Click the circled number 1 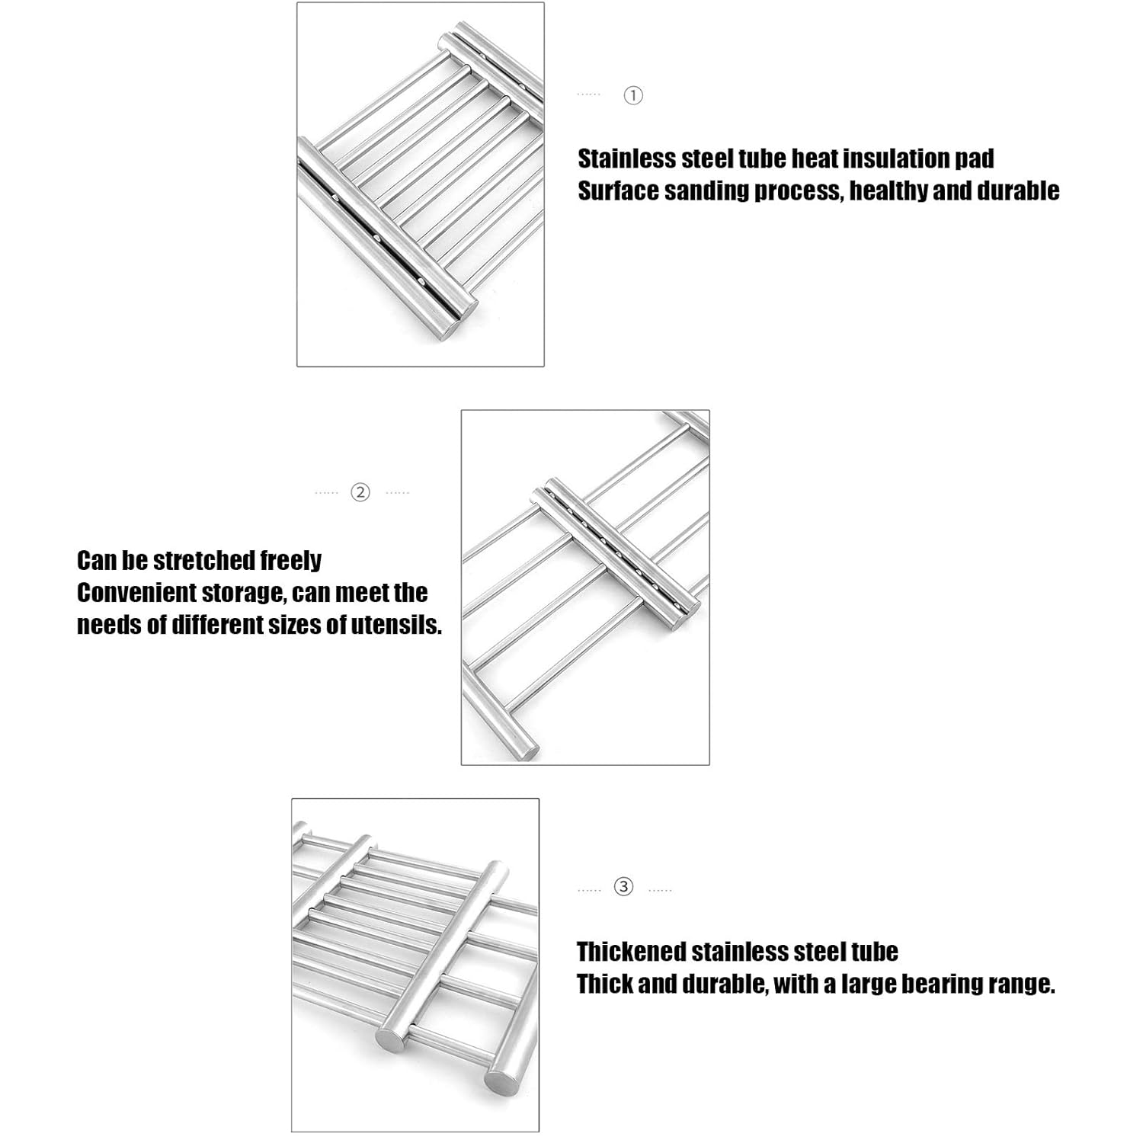633,95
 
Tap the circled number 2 360,492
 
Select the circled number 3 624,887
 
